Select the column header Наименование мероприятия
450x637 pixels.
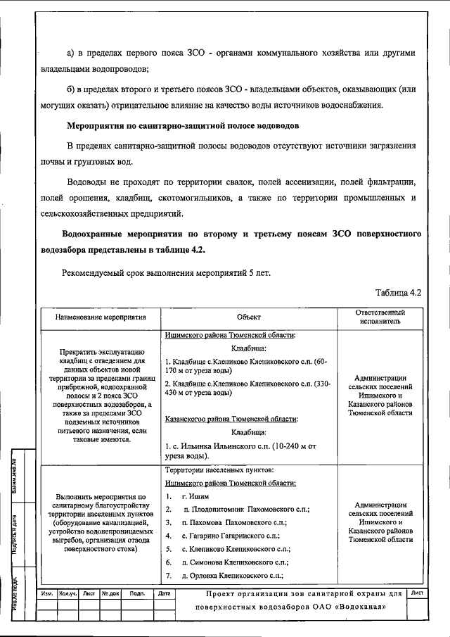tap(101, 317)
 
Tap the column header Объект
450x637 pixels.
tap(248, 317)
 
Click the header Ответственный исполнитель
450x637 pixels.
tap(380, 317)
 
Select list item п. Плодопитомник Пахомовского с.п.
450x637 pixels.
tap(245, 509)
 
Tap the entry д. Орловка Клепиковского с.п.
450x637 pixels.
tap(232, 576)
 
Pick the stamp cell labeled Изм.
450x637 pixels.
tap(47, 594)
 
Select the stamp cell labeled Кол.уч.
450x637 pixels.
tap(68, 594)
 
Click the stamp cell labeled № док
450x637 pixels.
tap(110, 594)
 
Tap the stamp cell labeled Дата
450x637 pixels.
tap(165, 594)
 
